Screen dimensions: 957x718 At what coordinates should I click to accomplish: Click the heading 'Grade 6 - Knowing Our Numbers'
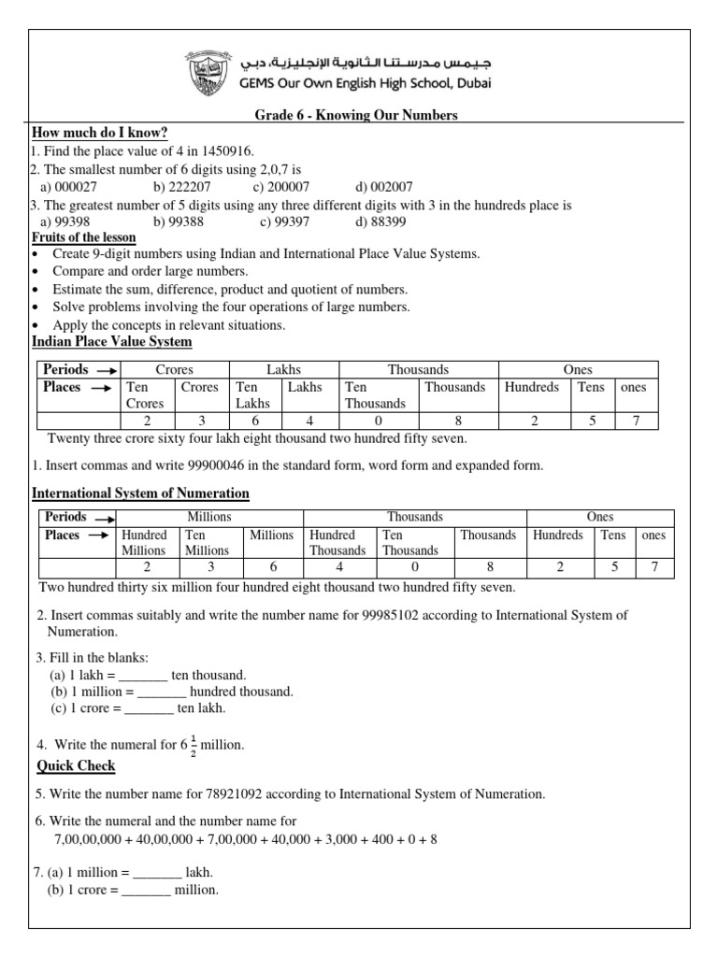coord(356,115)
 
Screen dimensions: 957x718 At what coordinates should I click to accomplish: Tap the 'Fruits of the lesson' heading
coord(84,238)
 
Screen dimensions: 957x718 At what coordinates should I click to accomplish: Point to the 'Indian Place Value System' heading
coord(112,343)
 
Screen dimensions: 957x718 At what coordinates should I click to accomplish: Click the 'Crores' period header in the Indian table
coord(174,370)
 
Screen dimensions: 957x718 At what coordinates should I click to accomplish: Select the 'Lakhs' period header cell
coord(283,370)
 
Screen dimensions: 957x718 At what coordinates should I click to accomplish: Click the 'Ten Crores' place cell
coord(146,395)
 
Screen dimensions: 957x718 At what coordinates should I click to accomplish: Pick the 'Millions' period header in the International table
coord(209,517)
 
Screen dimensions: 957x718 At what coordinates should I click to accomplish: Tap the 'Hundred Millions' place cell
coord(144,543)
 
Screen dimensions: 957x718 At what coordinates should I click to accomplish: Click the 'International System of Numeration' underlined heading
coord(140,493)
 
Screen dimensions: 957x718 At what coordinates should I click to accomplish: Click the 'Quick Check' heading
coord(76,766)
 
